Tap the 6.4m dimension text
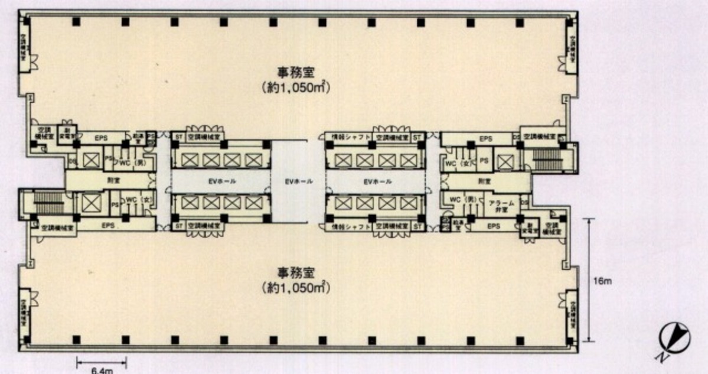(x=101, y=370)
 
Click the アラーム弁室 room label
(x=503, y=206)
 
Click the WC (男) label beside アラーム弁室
(x=462, y=200)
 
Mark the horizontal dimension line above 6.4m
(x=101, y=361)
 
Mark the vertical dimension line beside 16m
(x=589, y=279)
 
